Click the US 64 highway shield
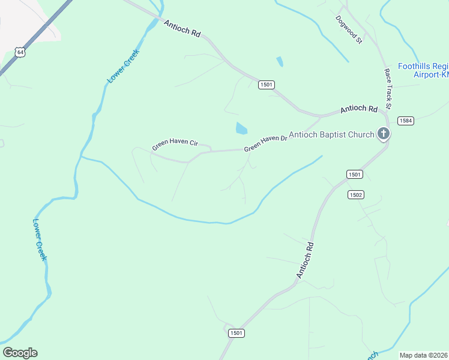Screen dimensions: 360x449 [x=21, y=52]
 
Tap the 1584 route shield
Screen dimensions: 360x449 [x=406, y=121]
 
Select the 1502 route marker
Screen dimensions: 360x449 [x=355, y=195]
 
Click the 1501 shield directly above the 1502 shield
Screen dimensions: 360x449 [x=355, y=174]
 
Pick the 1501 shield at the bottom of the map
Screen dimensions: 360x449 [x=237, y=333]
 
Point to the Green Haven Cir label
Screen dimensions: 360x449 [x=175, y=144]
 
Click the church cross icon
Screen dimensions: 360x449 [x=384, y=134]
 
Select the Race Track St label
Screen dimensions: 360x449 [x=388, y=88]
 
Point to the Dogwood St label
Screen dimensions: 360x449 [x=349, y=30]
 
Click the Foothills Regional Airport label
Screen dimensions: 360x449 [x=423, y=70]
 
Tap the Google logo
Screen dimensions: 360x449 [x=20, y=353]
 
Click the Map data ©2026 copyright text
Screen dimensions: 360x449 [x=424, y=355]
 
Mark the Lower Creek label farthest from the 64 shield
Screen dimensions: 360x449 [x=39, y=238]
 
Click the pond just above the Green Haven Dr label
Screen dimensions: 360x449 [x=241, y=128]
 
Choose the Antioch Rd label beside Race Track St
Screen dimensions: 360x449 [x=358, y=109]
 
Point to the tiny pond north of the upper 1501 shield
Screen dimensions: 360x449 [x=279, y=61]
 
